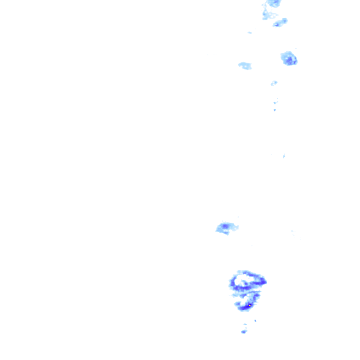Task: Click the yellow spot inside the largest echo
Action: click(x=250, y=306)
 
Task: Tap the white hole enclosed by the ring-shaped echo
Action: click(x=244, y=280)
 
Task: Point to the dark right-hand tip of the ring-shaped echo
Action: click(x=263, y=281)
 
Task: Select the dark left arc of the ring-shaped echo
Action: click(x=232, y=283)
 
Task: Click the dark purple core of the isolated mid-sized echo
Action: click(x=225, y=226)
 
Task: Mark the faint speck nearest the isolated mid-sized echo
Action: click(x=238, y=217)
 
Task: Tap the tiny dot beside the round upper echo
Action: click(x=296, y=48)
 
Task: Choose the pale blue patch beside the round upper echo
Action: click(x=245, y=65)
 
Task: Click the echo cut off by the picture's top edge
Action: click(x=274, y=3)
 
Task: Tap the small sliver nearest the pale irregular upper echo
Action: click(x=250, y=33)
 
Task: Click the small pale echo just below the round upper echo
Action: click(x=274, y=83)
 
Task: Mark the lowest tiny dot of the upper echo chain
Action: click(x=275, y=110)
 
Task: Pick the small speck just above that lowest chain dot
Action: click(x=275, y=103)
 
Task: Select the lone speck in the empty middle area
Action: click(x=284, y=156)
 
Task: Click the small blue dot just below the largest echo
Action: click(x=255, y=321)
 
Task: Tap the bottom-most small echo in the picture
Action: click(x=244, y=332)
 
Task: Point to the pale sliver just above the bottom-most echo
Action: click(x=245, y=324)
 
